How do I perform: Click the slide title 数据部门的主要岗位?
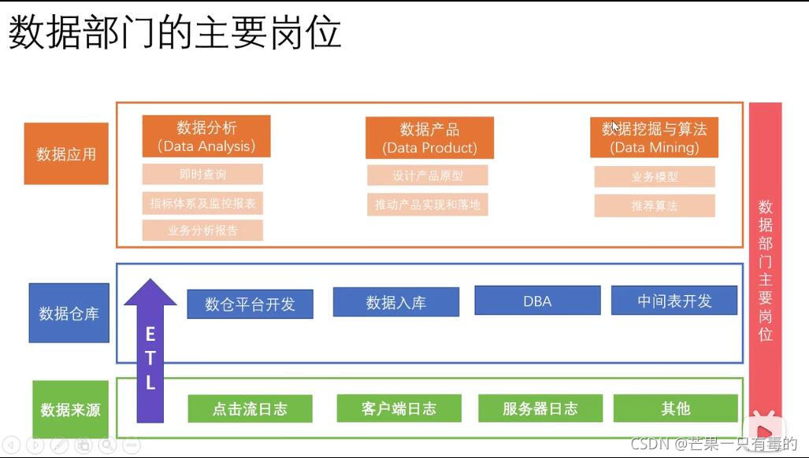175,35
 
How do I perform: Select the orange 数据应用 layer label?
66,153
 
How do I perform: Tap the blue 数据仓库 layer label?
69,313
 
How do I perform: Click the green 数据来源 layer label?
70,409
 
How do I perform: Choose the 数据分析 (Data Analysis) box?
206,136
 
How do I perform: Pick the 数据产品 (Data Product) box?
429,138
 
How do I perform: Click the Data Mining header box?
654,138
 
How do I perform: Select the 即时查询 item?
202,174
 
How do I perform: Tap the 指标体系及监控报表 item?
202,203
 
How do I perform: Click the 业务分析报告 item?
202,231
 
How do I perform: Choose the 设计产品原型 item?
428,175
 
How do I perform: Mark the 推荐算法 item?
654,205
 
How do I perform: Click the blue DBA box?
537,301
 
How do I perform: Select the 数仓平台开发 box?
250,304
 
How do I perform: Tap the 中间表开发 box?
674,301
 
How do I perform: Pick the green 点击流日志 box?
250,408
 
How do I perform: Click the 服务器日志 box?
540,408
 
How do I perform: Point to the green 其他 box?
675,408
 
